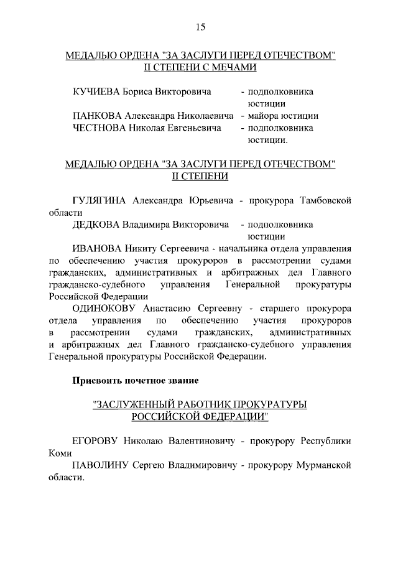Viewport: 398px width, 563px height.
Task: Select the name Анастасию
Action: click(174, 307)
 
